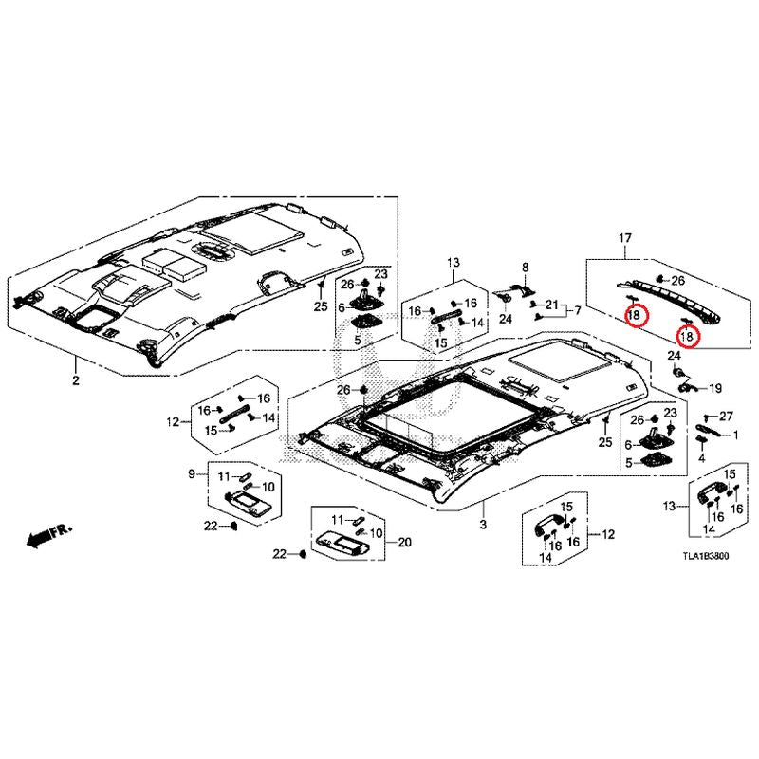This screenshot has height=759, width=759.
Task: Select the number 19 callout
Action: [x=714, y=388]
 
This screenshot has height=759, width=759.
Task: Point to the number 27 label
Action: [x=727, y=417]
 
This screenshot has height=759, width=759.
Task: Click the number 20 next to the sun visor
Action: [x=404, y=543]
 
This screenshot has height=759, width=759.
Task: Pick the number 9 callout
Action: [x=191, y=473]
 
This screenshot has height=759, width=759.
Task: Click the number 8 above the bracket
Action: [x=523, y=268]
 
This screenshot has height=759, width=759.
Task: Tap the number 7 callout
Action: [x=576, y=310]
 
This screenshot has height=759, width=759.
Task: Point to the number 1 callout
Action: [x=735, y=435]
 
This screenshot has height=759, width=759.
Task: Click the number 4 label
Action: [x=702, y=458]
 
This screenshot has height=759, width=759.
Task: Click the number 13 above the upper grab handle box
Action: [x=454, y=262]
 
